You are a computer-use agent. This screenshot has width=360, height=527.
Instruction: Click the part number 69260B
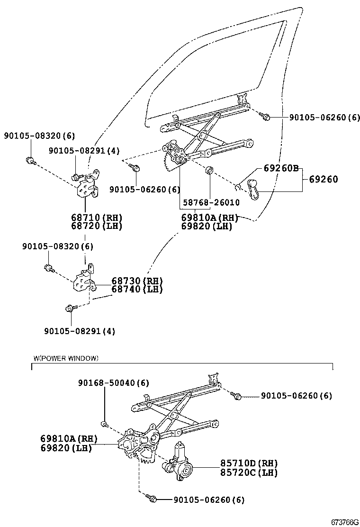(x=278, y=169)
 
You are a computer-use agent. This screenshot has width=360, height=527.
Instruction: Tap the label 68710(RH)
(x=97, y=218)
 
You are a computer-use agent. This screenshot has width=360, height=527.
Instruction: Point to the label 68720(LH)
(x=97, y=226)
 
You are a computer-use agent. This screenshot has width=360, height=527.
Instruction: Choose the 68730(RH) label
(x=137, y=281)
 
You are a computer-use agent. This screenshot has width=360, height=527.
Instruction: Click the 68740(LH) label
(x=137, y=289)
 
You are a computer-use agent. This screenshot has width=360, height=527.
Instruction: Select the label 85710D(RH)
(x=248, y=463)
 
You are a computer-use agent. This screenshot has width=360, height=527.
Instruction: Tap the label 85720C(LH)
(x=248, y=472)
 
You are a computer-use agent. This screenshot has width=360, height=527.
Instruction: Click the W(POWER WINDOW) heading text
(x=66, y=358)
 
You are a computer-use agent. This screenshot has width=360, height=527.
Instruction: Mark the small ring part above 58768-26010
(x=209, y=170)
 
